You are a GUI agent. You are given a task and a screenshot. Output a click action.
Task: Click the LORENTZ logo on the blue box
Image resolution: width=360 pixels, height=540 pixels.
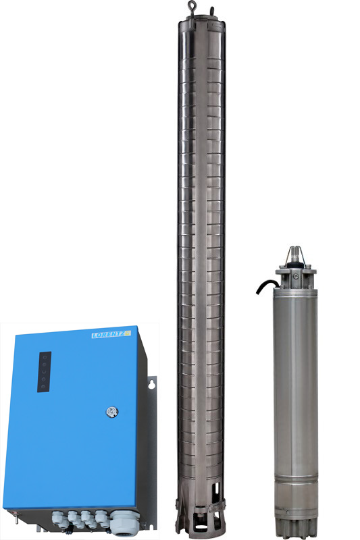coord(111,334)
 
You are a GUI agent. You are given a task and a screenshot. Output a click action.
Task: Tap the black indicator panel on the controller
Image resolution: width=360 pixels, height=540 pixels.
coord(44,372)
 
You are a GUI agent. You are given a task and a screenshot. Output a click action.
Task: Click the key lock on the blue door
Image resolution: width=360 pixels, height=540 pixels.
coord(112,412)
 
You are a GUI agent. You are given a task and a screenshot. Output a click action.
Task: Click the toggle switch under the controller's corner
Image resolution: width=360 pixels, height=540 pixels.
coord(16,516)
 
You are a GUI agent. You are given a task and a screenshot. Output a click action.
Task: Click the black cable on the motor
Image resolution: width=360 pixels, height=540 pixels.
coord(267,286)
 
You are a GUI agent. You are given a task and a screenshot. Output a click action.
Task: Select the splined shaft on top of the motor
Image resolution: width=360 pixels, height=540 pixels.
coord(295,255)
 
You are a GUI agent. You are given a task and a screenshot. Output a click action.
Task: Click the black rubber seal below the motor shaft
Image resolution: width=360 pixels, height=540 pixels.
coord(295,265)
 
